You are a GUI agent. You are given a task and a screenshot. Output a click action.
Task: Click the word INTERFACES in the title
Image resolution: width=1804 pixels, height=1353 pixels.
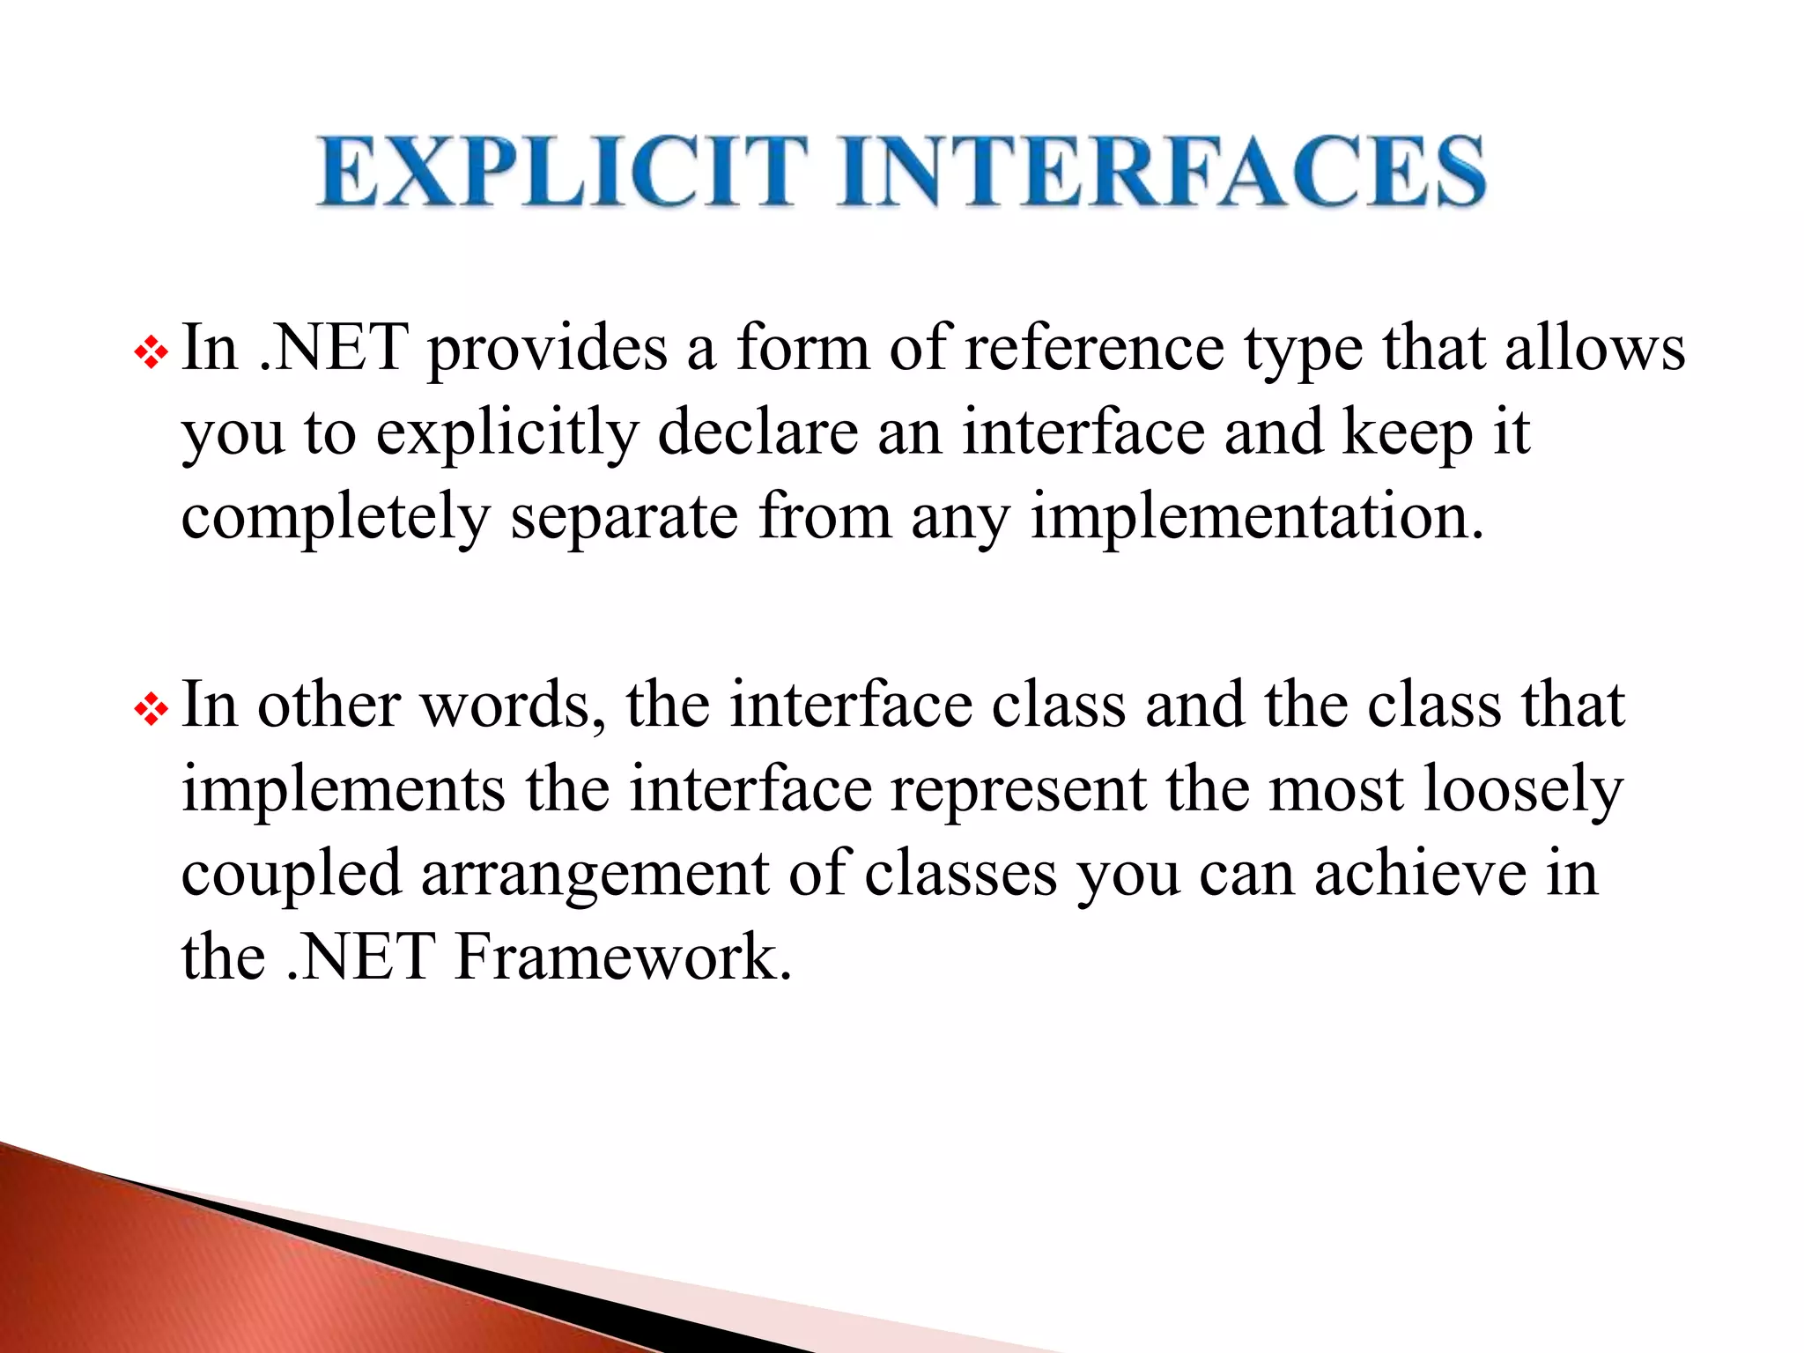[x=1162, y=172]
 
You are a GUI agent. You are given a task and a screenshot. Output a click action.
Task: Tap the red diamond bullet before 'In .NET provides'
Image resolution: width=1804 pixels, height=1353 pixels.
[x=151, y=354]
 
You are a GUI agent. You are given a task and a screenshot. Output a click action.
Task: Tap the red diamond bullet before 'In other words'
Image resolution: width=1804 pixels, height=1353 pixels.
[x=151, y=710]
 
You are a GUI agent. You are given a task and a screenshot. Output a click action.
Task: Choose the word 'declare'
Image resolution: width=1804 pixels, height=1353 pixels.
[x=758, y=433]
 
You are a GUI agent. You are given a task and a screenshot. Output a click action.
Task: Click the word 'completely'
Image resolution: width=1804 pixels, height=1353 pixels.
[x=335, y=518]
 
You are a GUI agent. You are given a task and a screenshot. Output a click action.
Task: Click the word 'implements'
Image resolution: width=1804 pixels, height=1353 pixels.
[x=344, y=791]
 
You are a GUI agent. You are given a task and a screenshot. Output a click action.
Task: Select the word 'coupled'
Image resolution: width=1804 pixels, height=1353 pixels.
[x=292, y=876]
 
